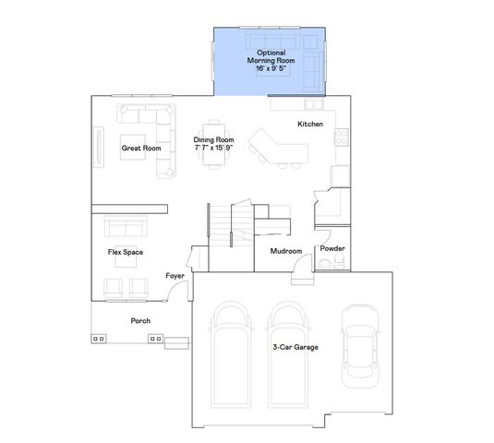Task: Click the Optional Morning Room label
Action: click(x=271, y=58)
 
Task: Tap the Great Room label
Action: click(x=141, y=148)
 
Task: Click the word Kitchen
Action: click(x=309, y=125)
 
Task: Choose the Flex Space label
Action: click(x=126, y=251)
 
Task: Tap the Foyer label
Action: click(x=174, y=276)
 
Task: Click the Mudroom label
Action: click(x=286, y=251)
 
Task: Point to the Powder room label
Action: click(x=331, y=249)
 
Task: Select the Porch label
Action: click(x=140, y=320)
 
